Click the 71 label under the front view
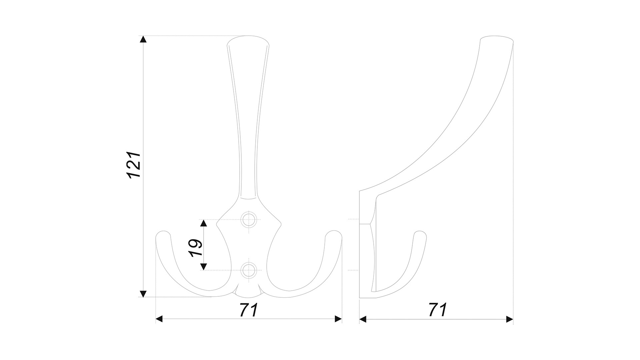point(249,310)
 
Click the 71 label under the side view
point(438,310)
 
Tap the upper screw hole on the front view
point(249,219)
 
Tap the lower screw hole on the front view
point(249,270)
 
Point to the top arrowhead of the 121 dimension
point(143,39)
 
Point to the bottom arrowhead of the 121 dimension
point(143,293)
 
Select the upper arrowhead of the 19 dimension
point(203,223)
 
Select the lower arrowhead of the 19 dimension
point(203,266)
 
